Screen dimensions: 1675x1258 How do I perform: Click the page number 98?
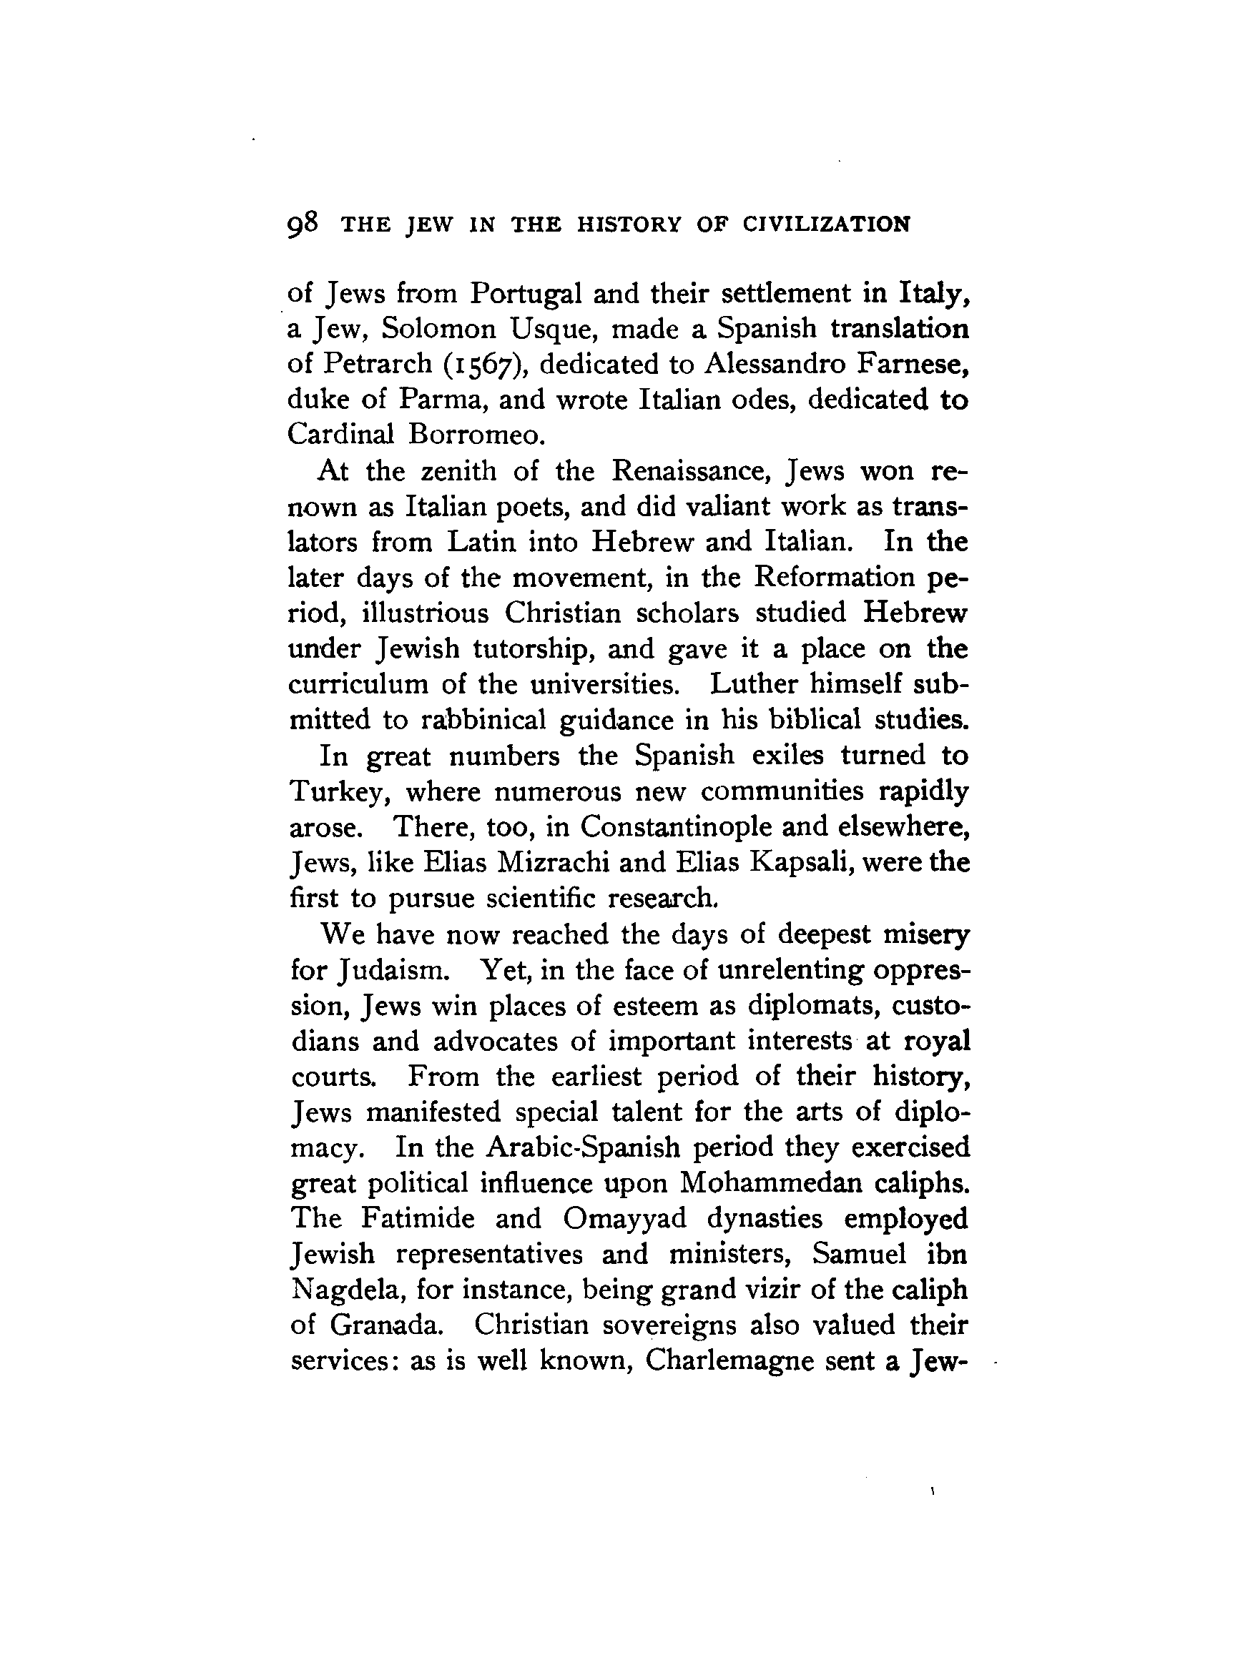pyautogui.click(x=303, y=224)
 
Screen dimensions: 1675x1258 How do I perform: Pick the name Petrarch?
pyautogui.click(x=377, y=364)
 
